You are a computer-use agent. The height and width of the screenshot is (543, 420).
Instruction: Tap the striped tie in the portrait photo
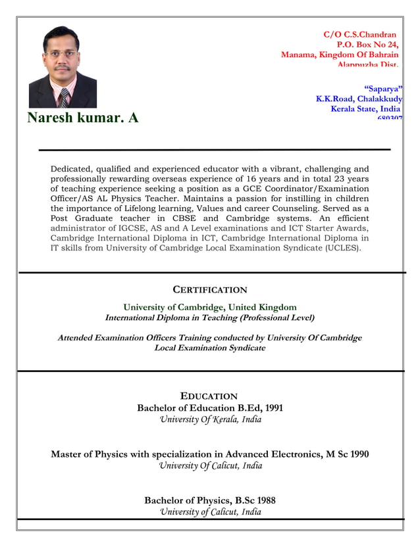pos(64,98)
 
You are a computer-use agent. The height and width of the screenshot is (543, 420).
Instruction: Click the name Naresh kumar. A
pos(83,118)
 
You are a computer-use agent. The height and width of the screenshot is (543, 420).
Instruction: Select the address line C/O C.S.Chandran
pos(359,34)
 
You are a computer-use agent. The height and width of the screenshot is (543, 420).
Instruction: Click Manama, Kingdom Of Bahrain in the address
pos(340,55)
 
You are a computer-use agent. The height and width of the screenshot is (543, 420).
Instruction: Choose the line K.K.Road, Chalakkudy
pos(359,99)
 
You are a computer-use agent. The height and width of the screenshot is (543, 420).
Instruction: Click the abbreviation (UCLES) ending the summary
pos(343,248)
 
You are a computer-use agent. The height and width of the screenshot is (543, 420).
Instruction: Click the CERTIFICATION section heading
pos(210,290)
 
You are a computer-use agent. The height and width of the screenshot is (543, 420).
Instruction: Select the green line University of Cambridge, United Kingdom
pos(210,307)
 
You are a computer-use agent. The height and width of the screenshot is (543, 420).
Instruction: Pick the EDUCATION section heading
pos(209,396)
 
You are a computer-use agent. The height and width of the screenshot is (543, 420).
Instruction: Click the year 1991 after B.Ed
pos(272,408)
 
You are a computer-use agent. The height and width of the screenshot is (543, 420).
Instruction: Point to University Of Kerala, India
pos(211,419)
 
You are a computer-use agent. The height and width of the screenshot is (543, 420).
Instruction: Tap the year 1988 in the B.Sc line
pos(265,500)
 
